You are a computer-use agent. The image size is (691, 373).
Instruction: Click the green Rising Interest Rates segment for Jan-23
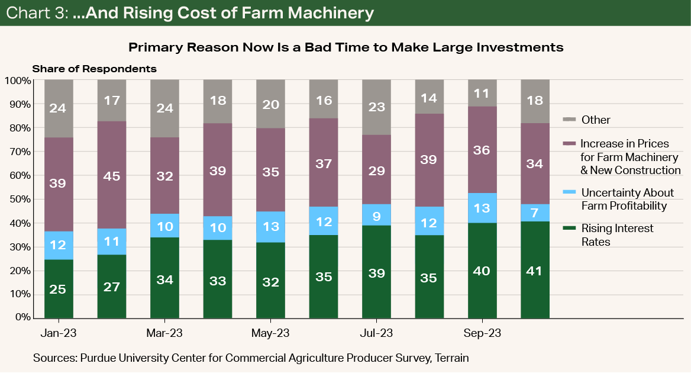59,288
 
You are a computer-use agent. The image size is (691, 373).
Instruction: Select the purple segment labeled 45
112,175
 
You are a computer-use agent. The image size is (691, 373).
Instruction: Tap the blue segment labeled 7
535,213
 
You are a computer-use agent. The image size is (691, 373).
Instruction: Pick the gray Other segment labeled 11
482,93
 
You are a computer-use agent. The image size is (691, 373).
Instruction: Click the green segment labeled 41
535,270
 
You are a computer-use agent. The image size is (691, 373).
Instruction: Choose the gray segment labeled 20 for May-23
270,104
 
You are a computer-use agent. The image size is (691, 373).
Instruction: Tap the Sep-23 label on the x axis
482,333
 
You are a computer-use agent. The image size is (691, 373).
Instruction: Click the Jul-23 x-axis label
376,333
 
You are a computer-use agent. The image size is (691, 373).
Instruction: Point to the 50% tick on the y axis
20,199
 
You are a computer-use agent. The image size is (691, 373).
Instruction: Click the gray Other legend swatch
570,119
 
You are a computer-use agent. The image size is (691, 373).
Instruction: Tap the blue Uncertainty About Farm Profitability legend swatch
570,192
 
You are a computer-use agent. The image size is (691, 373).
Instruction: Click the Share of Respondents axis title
94,69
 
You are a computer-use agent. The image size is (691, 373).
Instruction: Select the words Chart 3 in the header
34,12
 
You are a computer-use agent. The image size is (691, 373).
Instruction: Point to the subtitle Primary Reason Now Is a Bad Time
345,47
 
